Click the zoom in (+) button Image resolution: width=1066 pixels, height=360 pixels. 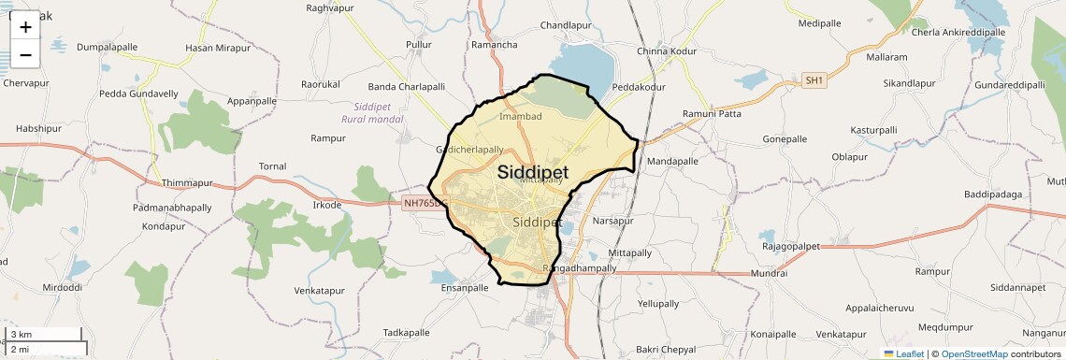coord(25,27)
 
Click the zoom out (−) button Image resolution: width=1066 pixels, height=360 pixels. coord(25,55)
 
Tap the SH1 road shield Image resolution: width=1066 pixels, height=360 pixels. coord(815,81)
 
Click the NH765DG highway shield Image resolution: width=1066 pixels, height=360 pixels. coord(426,202)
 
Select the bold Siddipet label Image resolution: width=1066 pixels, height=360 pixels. coord(533,172)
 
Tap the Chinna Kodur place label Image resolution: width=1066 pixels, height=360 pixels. coord(667,50)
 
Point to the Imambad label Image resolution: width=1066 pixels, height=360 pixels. coord(521,117)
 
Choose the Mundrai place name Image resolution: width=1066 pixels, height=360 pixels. coord(769,273)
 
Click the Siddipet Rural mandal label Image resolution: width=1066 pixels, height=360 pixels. coord(372,113)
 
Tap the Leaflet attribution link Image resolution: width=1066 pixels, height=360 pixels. coord(903,353)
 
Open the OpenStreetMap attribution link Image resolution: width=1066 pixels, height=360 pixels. coord(974,353)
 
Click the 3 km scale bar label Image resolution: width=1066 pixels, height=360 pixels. coord(22,335)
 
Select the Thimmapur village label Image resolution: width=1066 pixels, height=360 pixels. coord(188,183)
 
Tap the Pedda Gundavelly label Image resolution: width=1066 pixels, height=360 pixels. coord(139,94)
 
